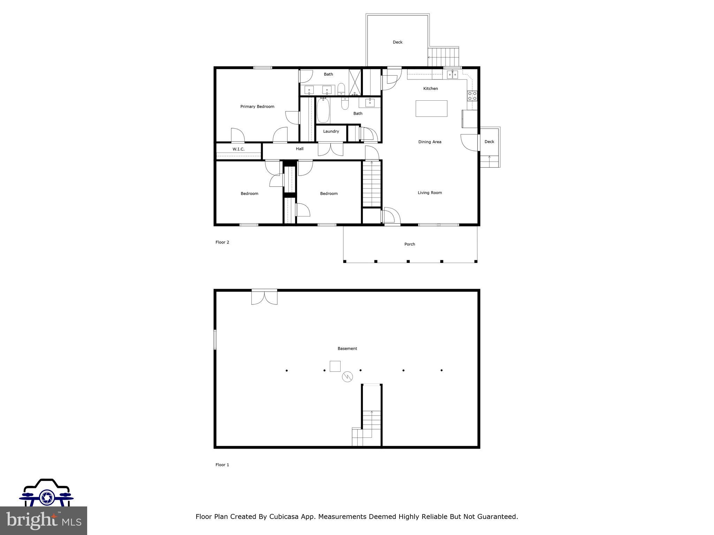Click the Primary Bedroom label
(x=257, y=107)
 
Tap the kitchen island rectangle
(x=431, y=108)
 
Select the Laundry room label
(x=331, y=131)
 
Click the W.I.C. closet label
(x=238, y=149)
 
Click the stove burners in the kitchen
(x=472, y=96)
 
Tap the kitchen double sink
(x=453, y=74)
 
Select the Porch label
(x=410, y=244)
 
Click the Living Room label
(x=430, y=193)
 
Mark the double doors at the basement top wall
(x=264, y=297)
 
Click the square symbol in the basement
(x=335, y=366)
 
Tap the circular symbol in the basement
(x=347, y=376)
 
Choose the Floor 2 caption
(x=222, y=242)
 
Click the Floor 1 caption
(x=222, y=465)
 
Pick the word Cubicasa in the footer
(x=283, y=517)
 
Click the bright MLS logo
(x=43, y=520)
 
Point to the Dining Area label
(x=430, y=142)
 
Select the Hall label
(x=299, y=149)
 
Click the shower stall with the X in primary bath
(x=355, y=82)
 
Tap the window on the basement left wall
(x=215, y=339)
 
